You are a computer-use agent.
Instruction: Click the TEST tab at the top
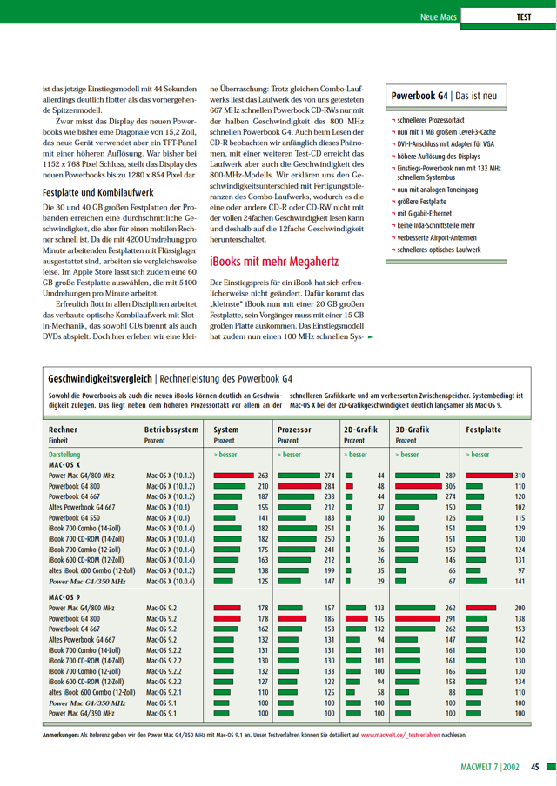tap(524, 17)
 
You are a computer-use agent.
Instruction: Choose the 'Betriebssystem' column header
tap(171, 430)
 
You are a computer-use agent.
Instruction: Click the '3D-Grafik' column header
tap(412, 430)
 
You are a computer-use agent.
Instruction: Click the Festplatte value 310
tap(520, 476)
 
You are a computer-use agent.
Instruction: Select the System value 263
tap(264, 476)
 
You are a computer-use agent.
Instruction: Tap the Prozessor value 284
tap(330, 486)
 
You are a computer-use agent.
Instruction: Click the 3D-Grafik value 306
tap(451, 486)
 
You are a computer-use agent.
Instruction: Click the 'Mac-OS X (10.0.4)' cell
tap(171, 581)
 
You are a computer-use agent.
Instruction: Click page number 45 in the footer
tap(535, 767)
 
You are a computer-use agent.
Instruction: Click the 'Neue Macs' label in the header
tap(440, 17)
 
